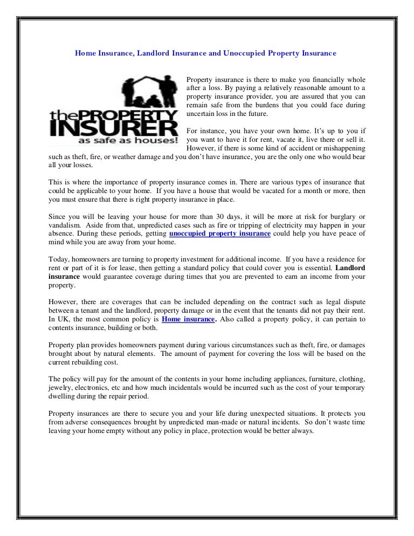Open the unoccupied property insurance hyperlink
click(x=219, y=234)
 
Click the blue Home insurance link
click(x=189, y=319)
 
